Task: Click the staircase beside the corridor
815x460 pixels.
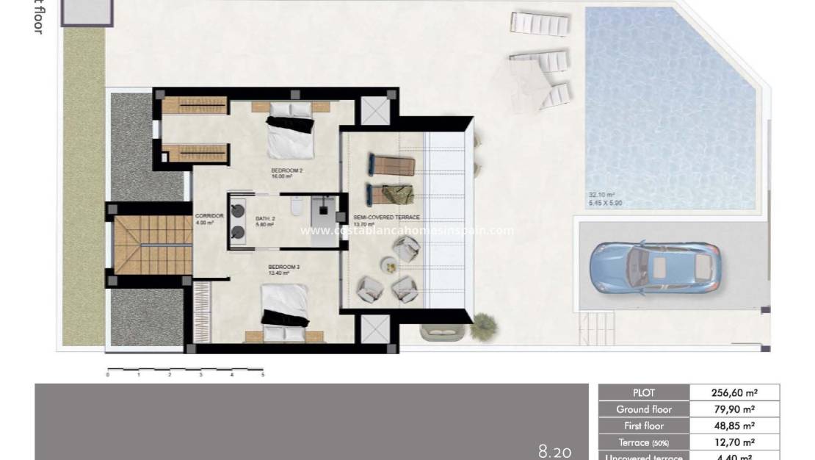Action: (144, 243)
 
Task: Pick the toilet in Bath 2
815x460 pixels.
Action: (296, 208)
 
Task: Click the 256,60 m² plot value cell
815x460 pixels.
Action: (734, 392)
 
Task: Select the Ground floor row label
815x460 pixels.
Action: (643, 409)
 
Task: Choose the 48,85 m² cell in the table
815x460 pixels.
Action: (734, 426)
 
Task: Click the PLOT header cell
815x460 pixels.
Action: (643, 392)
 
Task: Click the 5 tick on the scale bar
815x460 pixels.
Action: (262, 375)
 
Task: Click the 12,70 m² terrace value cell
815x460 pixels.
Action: (734, 442)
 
